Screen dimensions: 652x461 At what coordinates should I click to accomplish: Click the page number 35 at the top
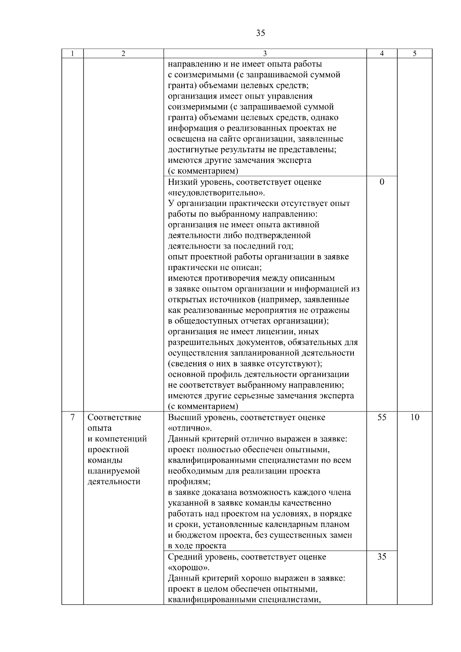[x=260, y=33]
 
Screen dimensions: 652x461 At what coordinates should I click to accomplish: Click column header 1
[x=72, y=54]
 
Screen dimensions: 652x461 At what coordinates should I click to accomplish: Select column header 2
[x=123, y=54]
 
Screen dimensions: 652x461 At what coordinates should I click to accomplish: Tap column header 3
[x=265, y=54]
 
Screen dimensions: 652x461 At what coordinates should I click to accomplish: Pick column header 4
[x=381, y=54]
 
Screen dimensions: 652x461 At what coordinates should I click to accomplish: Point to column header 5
[x=415, y=54]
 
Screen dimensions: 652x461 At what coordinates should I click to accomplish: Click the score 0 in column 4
[x=381, y=182]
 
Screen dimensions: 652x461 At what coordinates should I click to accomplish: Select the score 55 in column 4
[x=381, y=418]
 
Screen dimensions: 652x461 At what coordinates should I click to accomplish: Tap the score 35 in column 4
[x=381, y=557]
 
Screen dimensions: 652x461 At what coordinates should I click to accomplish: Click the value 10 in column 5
[x=415, y=418]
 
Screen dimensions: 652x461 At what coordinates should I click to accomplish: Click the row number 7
[x=72, y=418]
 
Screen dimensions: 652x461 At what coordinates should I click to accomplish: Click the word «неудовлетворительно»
[x=216, y=193]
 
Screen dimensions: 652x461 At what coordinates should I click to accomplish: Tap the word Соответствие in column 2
[x=114, y=418]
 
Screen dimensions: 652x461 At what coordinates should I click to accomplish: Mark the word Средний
[x=184, y=557]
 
